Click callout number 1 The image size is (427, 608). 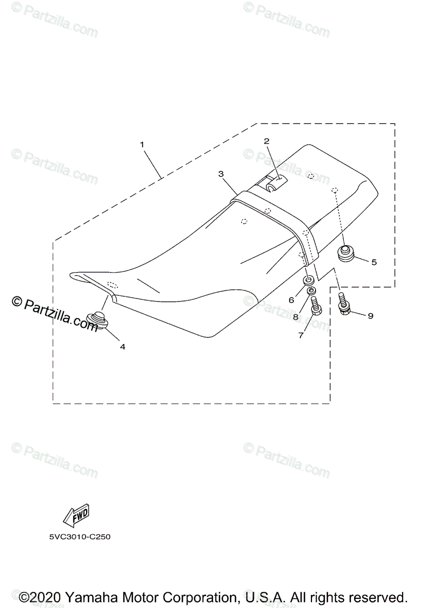(142, 144)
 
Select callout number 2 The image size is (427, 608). (266, 141)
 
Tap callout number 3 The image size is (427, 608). (221, 174)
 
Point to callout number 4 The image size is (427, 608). (123, 347)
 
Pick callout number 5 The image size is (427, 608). (374, 262)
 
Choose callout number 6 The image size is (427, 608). (291, 299)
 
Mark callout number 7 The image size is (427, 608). (301, 335)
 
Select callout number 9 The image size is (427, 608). (370, 316)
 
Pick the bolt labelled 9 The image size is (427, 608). (343, 305)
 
